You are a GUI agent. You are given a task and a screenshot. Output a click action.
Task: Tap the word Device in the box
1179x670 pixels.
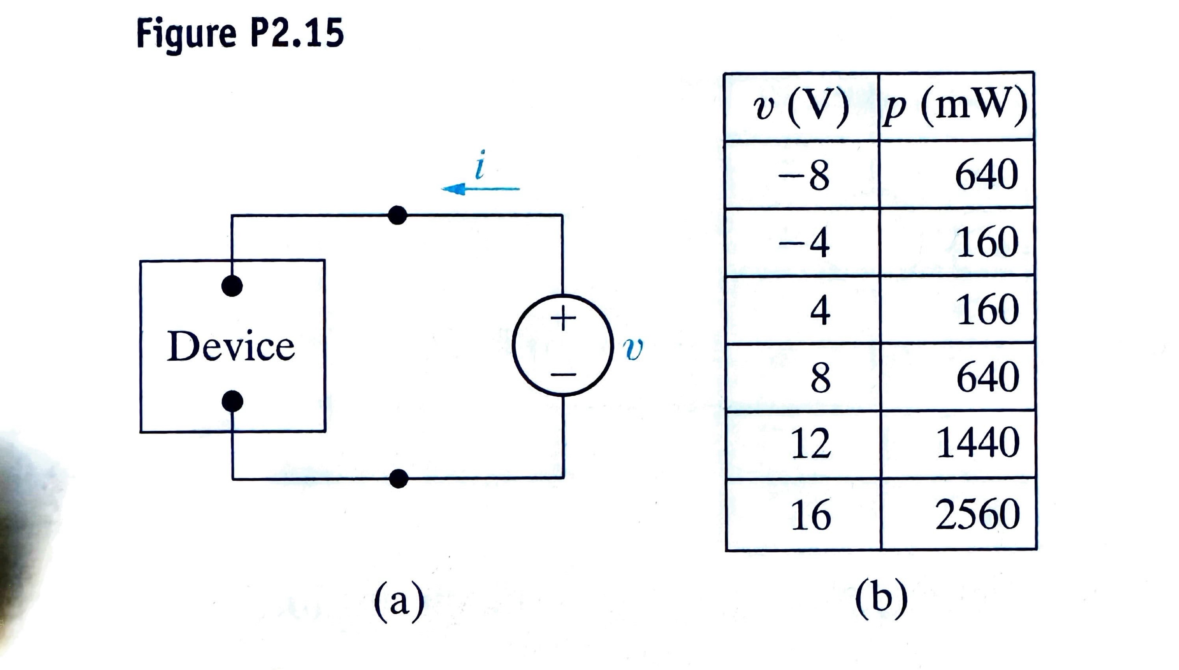[x=230, y=346]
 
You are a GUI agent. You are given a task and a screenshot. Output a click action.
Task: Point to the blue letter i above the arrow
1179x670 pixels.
[x=480, y=165]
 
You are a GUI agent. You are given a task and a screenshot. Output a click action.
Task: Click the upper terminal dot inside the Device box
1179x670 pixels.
[x=232, y=286]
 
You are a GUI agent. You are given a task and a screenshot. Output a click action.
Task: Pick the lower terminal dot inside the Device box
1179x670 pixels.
[x=232, y=401]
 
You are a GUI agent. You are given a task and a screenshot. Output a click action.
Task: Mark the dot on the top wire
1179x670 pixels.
[x=397, y=215]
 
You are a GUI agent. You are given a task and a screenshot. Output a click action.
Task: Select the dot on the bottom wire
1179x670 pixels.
[x=398, y=479]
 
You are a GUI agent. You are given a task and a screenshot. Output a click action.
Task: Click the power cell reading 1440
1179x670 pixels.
[x=978, y=443]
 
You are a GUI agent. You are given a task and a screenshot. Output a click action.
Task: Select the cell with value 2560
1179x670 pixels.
[x=978, y=514]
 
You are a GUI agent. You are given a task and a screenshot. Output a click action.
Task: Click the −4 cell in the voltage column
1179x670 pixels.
[x=804, y=243]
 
